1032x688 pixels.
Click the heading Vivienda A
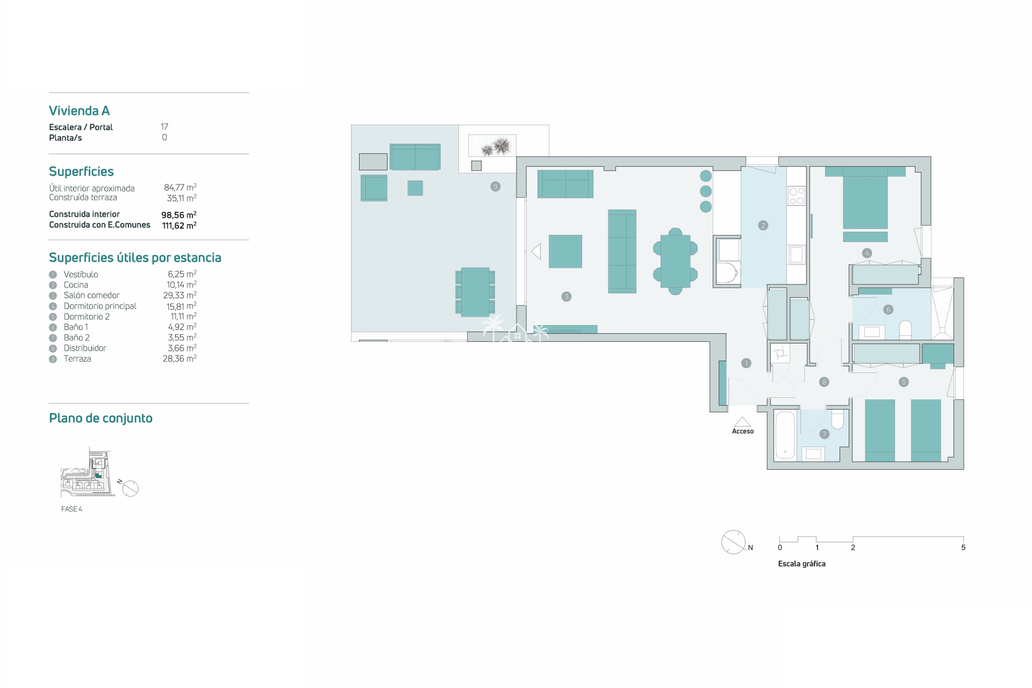click(79, 111)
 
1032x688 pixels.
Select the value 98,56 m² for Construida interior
click(179, 214)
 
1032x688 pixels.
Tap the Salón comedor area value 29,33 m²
click(180, 295)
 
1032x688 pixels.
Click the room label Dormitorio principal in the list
click(100, 306)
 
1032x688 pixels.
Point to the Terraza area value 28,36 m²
click(180, 359)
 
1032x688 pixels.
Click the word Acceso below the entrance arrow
click(743, 431)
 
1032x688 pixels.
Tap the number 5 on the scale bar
click(963, 548)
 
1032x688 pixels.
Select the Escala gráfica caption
click(801, 564)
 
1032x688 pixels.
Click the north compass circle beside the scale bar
click(733, 542)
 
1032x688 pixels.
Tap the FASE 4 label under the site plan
click(71, 509)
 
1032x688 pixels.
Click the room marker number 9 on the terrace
click(495, 187)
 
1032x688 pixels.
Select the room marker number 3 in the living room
click(566, 296)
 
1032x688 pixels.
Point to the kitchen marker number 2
click(763, 225)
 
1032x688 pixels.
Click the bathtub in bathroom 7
click(785, 435)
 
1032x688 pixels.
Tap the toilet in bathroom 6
click(905, 330)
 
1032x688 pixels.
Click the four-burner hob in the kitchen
click(796, 196)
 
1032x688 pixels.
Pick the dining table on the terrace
click(475, 292)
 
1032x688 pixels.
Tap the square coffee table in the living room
click(565, 251)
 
